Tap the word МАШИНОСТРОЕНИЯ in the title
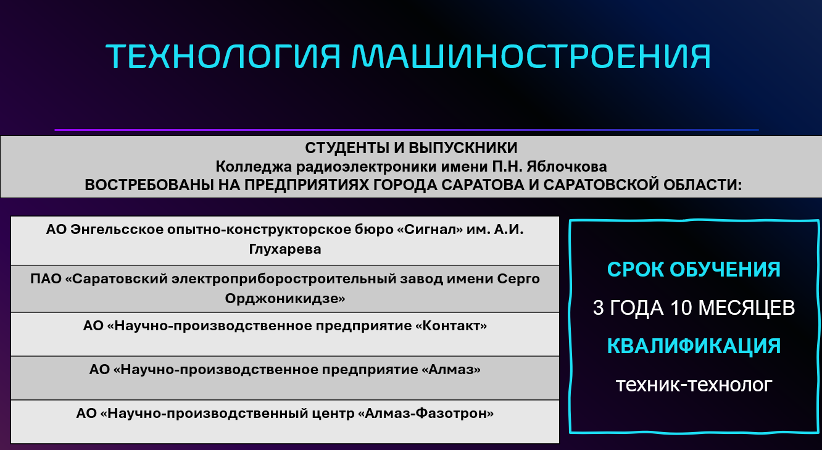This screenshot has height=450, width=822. click(x=531, y=56)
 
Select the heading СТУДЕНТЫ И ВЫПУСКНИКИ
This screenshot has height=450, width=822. click(x=411, y=148)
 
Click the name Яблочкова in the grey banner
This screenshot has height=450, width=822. click(x=567, y=167)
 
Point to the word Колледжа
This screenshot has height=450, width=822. click(x=254, y=167)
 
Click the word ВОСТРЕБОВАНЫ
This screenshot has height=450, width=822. click(x=149, y=185)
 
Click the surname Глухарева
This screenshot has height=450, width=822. click(x=284, y=249)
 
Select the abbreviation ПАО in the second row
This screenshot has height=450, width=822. click(x=46, y=279)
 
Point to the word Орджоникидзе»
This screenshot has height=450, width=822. click(x=284, y=299)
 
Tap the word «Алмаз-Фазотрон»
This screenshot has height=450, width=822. click(x=426, y=414)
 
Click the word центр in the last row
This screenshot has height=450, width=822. click(x=333, y=414)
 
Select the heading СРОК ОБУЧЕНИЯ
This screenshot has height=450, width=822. click(x=694, y=270)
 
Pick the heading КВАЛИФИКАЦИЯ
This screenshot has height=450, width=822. click(x=694, y=346)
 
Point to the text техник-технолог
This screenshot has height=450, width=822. click(x=694, y=385)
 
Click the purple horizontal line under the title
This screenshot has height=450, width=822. click(x=407, y=130)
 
